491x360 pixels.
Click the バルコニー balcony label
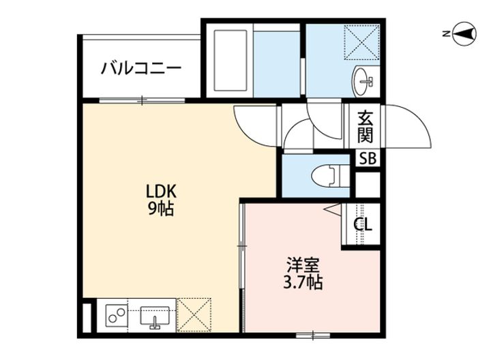[x=141, y=68]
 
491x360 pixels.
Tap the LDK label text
[x=162, y=192]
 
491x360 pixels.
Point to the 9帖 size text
[x=162, y=209]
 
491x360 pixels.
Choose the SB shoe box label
[x=367, y=160]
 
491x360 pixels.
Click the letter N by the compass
[x=444, y=33]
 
